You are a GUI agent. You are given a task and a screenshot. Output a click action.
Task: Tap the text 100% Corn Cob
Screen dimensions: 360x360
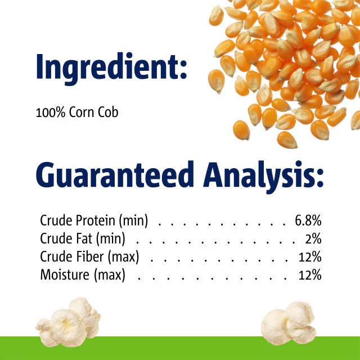tap(77, 112)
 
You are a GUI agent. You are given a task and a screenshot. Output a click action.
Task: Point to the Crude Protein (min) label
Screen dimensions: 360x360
tap(94, 220)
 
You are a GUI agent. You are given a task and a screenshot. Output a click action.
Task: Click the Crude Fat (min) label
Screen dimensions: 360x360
tap(83, 239)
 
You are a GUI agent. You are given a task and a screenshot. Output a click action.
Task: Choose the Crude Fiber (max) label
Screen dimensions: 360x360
tap(89, 257)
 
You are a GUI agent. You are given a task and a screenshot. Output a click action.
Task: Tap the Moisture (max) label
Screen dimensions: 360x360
tap(83, 276)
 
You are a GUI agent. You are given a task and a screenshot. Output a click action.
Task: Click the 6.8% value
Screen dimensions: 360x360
tap(308, 220)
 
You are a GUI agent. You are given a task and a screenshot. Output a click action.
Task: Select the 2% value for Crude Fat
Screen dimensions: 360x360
tap(313, 239)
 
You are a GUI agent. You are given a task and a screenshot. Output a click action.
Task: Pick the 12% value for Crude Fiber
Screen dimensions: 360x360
tap(310, 257)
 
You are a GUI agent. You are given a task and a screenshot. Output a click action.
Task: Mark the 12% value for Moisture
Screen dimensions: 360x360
tap(310, 276)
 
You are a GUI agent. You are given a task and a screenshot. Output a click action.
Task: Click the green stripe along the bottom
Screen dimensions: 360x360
tap(180, 349)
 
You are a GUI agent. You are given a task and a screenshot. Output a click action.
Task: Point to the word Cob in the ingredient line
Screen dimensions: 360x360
tap(108, 112)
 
